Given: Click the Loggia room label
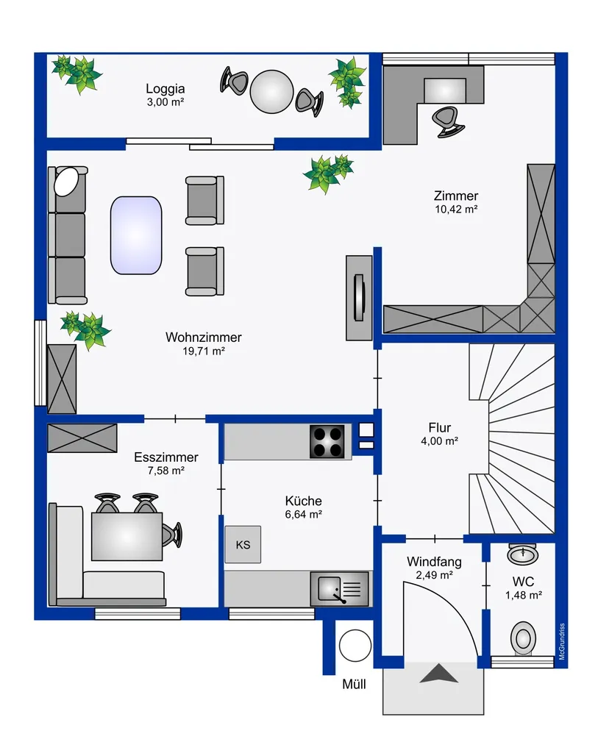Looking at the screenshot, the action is coord(165,89).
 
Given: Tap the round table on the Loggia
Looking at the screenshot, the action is coord(271,92).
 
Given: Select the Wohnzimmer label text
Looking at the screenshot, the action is coord(203,337).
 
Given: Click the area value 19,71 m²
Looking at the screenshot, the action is coord(203,351).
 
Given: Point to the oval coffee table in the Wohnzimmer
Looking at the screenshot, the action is coord(136,235).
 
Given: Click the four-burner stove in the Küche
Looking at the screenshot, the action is coord(327,441).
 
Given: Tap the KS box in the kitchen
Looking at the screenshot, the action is coord(243,545).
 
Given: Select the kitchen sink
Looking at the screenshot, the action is coord(339,589).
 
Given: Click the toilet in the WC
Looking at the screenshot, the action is coord(522,639).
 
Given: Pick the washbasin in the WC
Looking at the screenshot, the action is coord(522,554).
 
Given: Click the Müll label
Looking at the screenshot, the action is coord(354,684).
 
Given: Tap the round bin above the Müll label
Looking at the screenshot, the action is coord(355,646).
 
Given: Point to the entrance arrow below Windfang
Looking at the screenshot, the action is coord(438,674).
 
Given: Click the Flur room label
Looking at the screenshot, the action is coord(440,427).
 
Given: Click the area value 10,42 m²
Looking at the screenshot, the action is coord(456,210).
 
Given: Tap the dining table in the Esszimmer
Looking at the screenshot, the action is coord(127,536).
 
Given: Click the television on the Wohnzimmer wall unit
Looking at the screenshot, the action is coord(359,298).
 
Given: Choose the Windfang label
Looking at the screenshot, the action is coord(434,561).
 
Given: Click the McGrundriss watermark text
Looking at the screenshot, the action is coord(562,641).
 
